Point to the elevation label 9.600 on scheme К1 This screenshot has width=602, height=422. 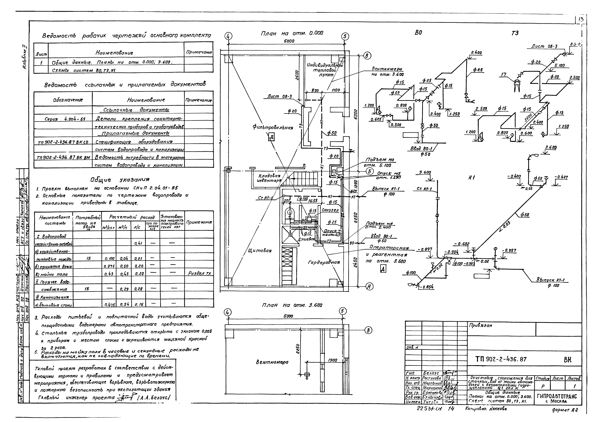coord(425,172)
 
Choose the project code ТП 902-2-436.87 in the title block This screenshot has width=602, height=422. coord(501,359)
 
